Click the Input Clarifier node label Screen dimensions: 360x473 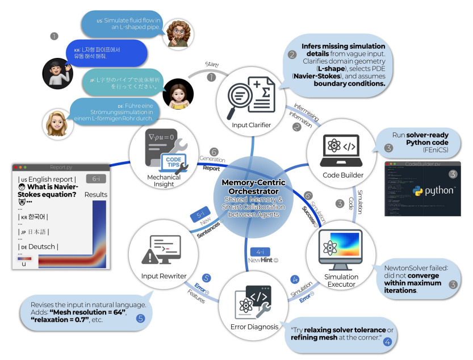click(252, 125)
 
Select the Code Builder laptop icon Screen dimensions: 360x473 click(339, 147)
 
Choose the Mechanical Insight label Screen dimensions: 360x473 click(164, 181)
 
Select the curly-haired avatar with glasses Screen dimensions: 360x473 click(178, 34)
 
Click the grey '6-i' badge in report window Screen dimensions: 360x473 click(97, 179)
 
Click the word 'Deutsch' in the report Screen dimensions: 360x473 click(45, 246)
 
